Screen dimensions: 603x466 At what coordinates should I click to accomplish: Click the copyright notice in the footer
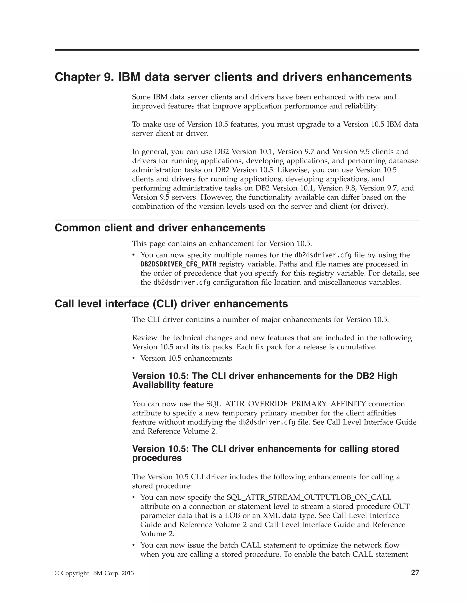[x=94, y=573]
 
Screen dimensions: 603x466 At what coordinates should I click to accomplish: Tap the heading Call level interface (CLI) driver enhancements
[x=171, y=304]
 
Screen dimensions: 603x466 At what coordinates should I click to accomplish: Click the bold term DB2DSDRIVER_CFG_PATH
[x=178, y=264]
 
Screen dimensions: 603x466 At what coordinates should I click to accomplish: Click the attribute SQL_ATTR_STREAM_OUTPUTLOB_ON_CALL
[x=309, y=497]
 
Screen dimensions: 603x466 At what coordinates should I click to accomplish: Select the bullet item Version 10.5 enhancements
[x=186, y=358]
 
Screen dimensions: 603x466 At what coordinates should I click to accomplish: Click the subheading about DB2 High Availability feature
[x=264, y=380]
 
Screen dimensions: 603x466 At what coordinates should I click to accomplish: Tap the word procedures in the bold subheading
[x=157, y=458]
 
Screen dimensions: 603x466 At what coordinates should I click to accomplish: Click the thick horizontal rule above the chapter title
[x=237, y=50]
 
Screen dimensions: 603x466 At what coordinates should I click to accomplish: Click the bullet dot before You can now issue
[x=134, y=545]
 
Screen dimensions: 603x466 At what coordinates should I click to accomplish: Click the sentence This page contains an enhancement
[x=222, y=243]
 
